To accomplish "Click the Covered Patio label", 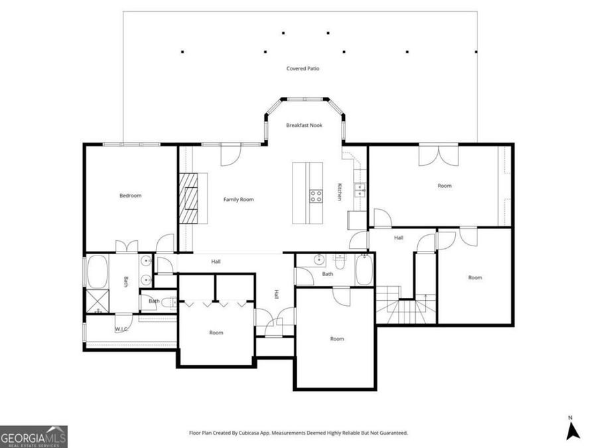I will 302,68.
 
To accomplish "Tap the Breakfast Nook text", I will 304,125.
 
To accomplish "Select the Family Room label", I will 238,199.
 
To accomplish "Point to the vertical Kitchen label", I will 339,192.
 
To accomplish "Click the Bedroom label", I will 130,195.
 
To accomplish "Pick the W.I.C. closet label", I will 121,329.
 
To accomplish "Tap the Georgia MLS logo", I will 34,437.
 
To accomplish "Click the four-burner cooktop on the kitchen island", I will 316,196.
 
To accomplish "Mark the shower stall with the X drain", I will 97,303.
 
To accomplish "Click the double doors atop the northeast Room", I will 438,154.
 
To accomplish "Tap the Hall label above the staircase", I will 399,237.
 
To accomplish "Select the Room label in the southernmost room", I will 337,338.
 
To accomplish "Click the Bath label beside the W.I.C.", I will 154,301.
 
